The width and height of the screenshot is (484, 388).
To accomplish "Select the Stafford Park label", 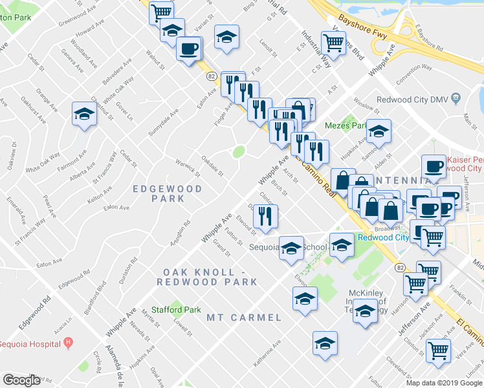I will (175, 310).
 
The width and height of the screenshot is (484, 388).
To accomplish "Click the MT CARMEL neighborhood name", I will (244, 318).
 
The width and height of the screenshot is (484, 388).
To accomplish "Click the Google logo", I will (21, 380).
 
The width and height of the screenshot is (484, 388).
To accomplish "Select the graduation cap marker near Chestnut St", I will (84, 114).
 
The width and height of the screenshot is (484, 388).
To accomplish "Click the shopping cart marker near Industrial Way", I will (333, 43).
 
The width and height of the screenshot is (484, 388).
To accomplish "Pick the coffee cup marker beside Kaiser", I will (434, 166).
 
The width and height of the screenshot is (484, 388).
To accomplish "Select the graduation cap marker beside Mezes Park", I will (379, 131).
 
